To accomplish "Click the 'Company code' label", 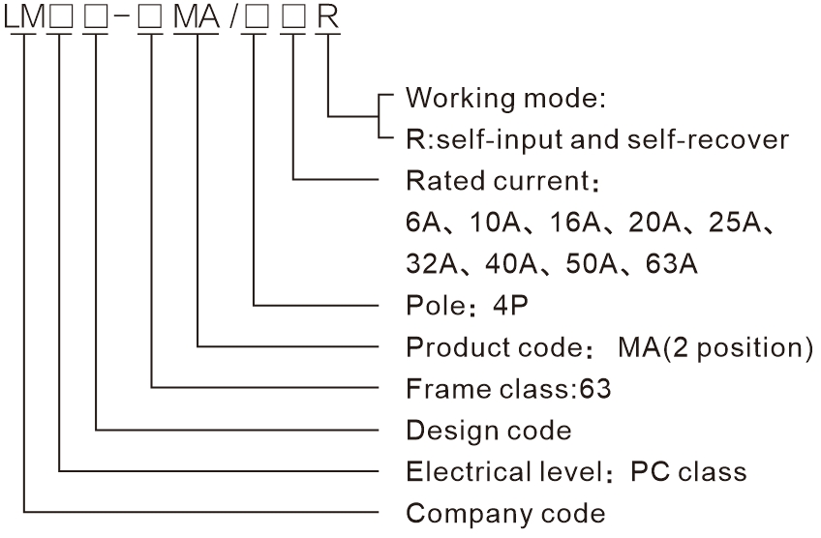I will [x=505, y=513].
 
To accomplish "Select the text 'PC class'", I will [x=688, y=471].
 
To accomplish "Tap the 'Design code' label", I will [x=488, y=429].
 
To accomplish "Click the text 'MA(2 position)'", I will [x=715, y=346].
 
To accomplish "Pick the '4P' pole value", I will [x=510, y=305].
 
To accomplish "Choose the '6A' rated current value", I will [x=423, y=223].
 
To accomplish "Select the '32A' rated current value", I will [x=430, y=263].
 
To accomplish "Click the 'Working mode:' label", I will [x=505, y=98].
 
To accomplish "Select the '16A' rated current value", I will [x=579, y=223].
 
